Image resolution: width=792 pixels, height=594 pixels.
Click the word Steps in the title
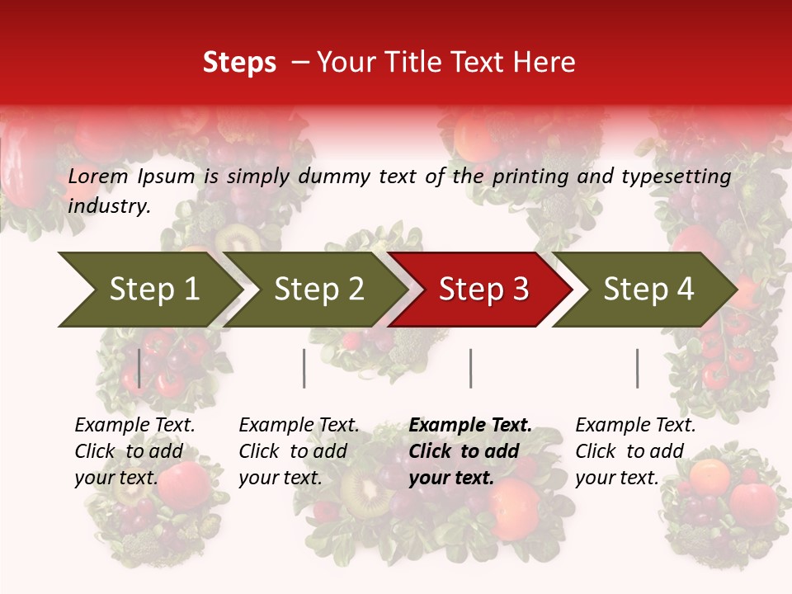239,63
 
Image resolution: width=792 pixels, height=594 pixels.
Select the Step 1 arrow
148,290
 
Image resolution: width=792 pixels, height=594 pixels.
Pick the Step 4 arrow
647,290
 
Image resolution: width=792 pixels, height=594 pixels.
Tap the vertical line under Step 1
139,368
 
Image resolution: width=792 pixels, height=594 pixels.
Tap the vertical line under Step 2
304,368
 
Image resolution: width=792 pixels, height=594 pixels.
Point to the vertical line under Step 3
470,368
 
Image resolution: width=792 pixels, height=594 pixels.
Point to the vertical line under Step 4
637,368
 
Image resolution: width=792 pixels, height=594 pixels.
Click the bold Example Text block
470,451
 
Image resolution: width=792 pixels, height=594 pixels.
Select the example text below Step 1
134,451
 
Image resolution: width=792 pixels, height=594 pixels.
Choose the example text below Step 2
299,451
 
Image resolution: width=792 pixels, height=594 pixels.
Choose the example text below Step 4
635,451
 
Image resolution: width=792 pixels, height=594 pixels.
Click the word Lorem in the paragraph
98,176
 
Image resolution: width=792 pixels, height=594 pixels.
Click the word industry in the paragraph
108,205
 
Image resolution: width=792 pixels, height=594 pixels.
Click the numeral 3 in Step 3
519,290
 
